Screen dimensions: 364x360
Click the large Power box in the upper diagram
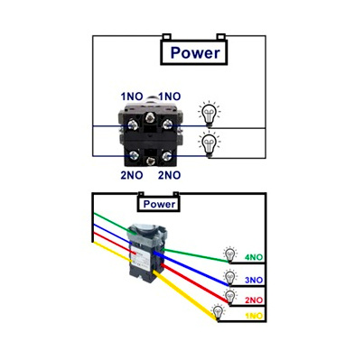[194, 52]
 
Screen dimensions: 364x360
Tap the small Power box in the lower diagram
[159, 204]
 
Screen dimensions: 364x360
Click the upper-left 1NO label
[132, 97]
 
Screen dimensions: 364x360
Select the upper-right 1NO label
[170, 97]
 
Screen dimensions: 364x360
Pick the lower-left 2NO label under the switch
[132, 175]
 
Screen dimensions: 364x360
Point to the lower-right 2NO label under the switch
[170, 175]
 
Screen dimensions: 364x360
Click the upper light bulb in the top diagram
[210, 115]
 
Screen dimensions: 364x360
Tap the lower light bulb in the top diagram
[210, 144]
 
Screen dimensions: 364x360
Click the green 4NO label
[254, 257]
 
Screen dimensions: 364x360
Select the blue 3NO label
[254, 281]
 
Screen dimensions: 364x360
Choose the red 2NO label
[254, 300]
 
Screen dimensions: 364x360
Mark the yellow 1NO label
[254, 316]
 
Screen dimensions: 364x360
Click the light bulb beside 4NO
[230, 254]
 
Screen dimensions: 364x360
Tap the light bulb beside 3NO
[229, 277]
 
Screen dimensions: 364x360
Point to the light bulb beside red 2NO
[230, 297]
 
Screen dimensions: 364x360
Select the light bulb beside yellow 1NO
[218, 313]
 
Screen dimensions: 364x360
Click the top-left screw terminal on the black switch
[133, 125]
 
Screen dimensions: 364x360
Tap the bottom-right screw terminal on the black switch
[166, 156]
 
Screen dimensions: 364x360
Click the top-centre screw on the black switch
[150, 117]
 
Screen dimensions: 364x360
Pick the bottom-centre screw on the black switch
[151, 162]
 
